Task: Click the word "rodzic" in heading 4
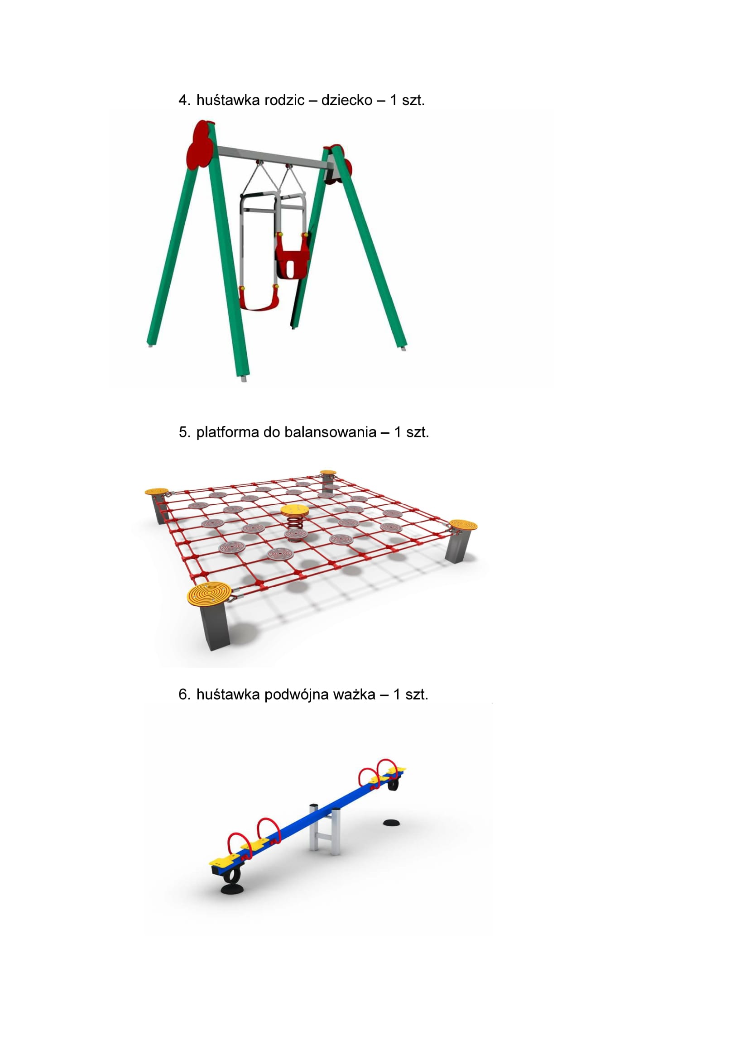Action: pos(282,100)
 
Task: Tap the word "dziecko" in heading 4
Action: pos(347,100)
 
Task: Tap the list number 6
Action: pos(184,695)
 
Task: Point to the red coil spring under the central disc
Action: pos(295,523)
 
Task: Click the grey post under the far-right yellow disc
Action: pos(457,546)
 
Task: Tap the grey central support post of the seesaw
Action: pos(326,830)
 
